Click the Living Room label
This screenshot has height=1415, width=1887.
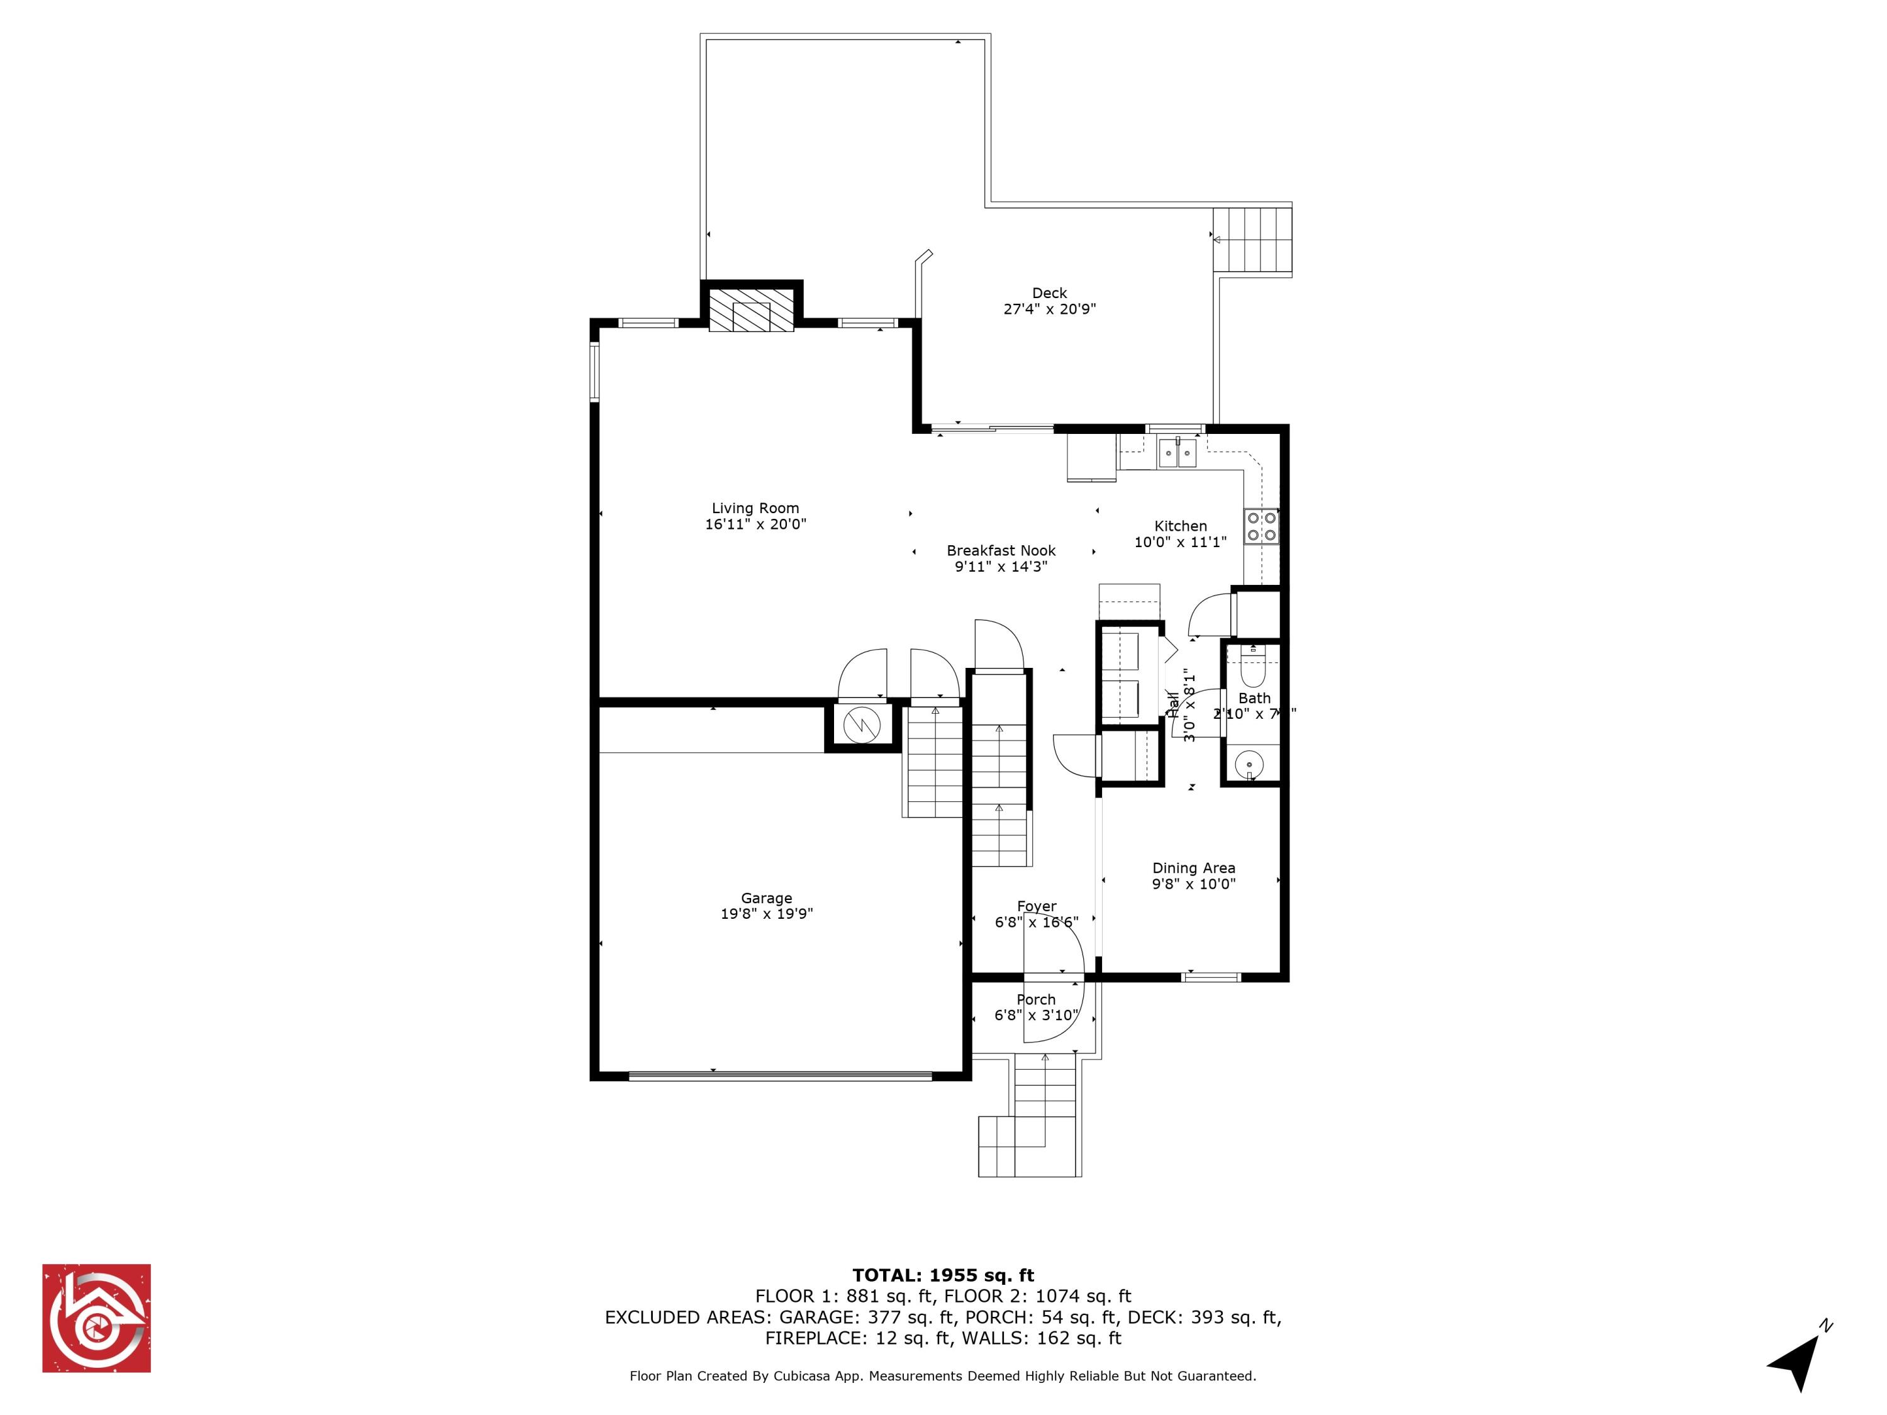[755, 508]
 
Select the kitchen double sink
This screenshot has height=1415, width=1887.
[1177, 453]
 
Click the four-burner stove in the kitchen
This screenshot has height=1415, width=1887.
[1262, 526]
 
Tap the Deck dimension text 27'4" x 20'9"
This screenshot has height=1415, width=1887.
[1049, 309]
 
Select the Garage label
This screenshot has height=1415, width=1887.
[766, 898]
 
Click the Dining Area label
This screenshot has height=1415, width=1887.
[1193, 868]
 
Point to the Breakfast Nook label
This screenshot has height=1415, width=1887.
[1001, 551]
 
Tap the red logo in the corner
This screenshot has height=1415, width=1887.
[96, 1318]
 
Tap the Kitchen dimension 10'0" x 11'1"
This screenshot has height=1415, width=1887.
[1180, 543]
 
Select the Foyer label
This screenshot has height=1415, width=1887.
[1037, 907]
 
